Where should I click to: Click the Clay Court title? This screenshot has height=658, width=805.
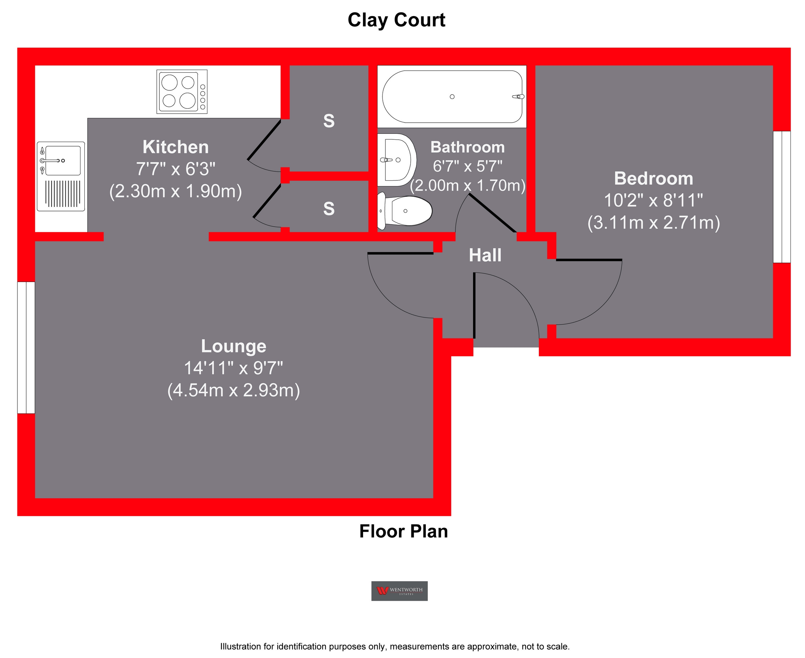click(x=396, y=20)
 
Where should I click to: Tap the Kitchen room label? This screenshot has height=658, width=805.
click(x=175, y=147)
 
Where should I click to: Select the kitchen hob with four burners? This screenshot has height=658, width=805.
click(x=182, y=92)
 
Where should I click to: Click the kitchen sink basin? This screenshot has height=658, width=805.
click(x=62, y=160)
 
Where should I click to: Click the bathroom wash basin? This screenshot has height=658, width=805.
click(x=396, y=160)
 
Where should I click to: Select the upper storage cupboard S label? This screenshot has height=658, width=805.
click(x=329, y=121)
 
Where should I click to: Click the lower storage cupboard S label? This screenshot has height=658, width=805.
click(x=329, y=208)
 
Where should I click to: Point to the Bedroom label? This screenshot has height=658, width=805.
click(x=654, y=178)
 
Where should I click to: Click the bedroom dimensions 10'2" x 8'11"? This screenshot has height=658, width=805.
click(x=654, y=200)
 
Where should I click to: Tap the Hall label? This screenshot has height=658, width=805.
click(x=485, y=255)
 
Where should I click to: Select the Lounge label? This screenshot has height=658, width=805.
click(x=233, y=346)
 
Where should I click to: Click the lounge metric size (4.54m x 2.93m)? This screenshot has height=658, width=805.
click(x=233, y=390)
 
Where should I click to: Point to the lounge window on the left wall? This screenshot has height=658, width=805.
click(x=26, y=348)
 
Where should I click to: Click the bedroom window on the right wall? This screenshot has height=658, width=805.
click(x=782, y=197)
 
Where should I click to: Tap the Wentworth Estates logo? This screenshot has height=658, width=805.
click(x=399, y=591)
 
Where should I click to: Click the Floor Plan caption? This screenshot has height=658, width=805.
click(x=403, y=531)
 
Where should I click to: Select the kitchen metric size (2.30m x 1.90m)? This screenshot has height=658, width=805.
click(x=175, y=191)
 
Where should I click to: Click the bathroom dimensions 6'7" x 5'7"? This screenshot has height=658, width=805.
click(x=468, y=166)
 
